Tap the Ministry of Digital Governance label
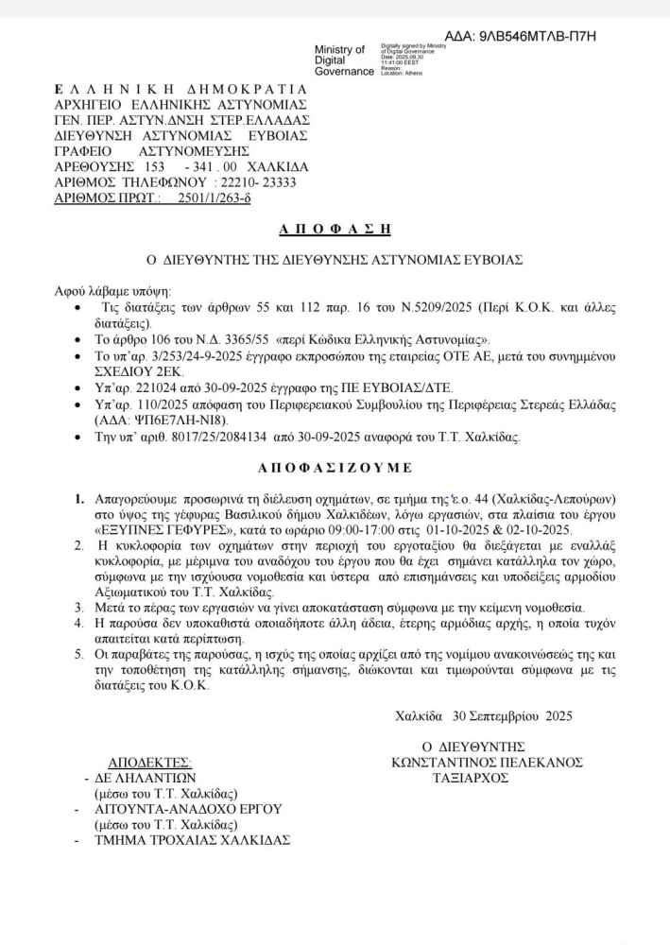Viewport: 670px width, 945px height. click(344, 60)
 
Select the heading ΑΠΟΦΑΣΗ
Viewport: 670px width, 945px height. click(335, 230)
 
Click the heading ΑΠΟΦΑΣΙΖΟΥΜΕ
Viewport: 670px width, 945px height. click(335, 466)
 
